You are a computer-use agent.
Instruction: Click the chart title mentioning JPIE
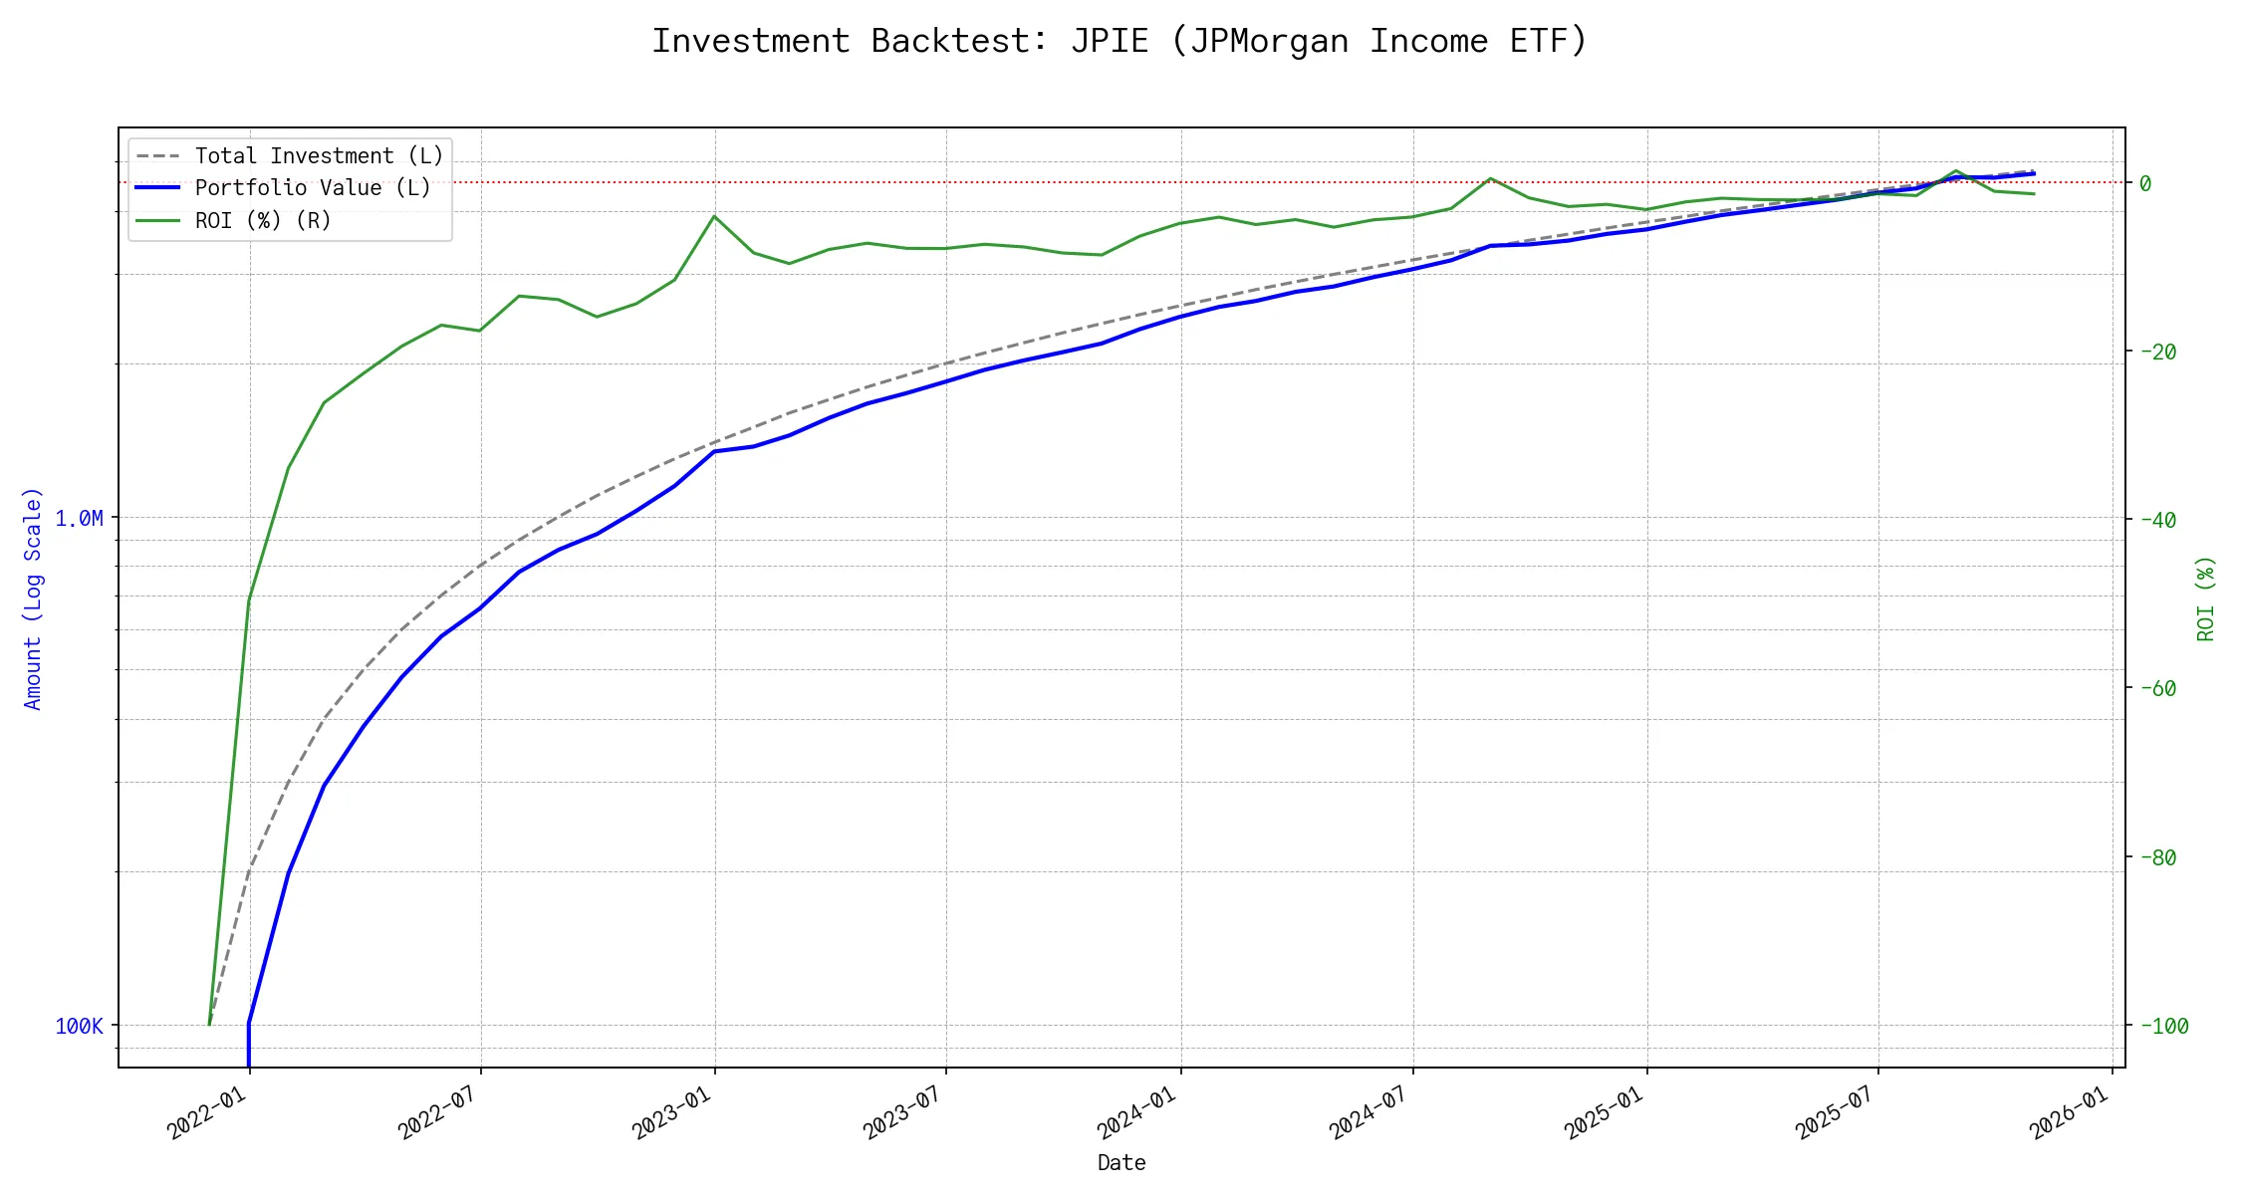pos(1120,42)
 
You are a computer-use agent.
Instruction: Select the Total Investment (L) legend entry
pos(319,156)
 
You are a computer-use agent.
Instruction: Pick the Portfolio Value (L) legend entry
pos(313,188)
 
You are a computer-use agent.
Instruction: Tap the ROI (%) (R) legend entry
pos(263,220)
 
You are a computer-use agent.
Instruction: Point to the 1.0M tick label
pos(79,519)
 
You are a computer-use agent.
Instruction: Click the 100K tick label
pos(79,1027)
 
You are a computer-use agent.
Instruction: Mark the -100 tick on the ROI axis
pos(2162,1026)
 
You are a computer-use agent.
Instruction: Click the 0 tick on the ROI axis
pos(2145,183)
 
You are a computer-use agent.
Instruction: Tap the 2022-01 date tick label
pos(207,1112)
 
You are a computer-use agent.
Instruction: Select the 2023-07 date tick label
pos(903,1112)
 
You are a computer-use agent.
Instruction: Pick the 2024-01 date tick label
pos(1137,1112)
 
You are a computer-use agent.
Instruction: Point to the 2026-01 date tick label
pos(2070,1112)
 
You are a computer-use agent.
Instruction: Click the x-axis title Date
pos(1121,1163)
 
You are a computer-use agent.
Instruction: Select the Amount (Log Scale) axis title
pos(33,597)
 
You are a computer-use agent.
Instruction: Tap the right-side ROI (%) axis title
pos(2205,597)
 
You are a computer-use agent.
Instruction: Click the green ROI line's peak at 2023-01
pos(714,216)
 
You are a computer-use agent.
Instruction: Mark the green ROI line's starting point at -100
pos(209,1024)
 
